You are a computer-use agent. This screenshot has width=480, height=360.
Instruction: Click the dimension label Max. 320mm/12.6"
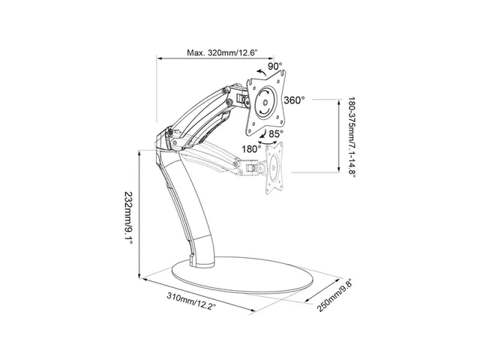coord(222,52)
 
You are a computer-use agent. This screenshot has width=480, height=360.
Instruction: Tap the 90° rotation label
coord(275,66)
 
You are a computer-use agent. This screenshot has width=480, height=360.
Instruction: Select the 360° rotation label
coord(294,100)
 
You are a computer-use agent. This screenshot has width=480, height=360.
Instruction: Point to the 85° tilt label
coord(276,133)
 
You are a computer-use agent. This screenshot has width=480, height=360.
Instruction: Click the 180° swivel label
coord(251,149)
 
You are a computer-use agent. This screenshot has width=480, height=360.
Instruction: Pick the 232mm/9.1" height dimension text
coord(128,217)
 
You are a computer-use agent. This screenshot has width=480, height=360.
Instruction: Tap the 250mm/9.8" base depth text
coord(334,295)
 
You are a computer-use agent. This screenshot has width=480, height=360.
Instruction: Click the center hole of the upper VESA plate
coord(265,103)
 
